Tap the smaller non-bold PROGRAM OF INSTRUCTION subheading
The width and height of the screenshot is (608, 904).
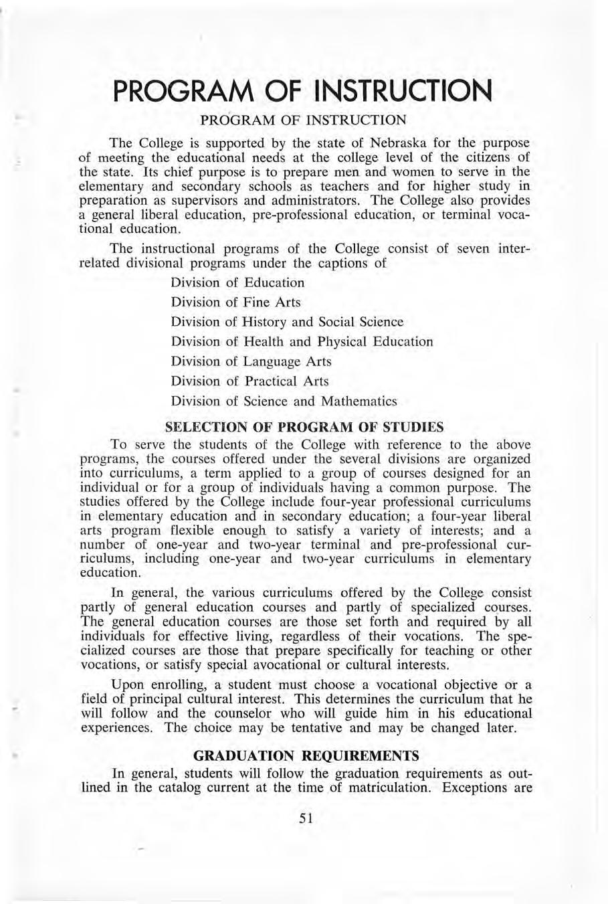pyautogui.click(x=303, y=120)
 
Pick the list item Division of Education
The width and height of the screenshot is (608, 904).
pyautogui.click(x=237, y=282)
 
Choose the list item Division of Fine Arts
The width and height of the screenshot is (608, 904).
pyautogui.click(x=235, y=302)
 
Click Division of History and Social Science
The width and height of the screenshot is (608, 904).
pyautogui.click(x=287, y=322)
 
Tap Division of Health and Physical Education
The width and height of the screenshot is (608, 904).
pyautogui.click(x=302, y=341)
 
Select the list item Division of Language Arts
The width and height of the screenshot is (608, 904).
pyautogui.click(x=251, y=361)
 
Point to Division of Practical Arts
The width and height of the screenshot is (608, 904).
pyautogui.click(x=249, y=381)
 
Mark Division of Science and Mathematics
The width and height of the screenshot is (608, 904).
pyautogui.click(x=284, y=401)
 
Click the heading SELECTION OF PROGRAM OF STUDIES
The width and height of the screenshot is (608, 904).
pyautogui.click(x=304, y=426)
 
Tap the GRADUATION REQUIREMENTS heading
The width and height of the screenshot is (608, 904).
pyautogui.click(x=306, y=755)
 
